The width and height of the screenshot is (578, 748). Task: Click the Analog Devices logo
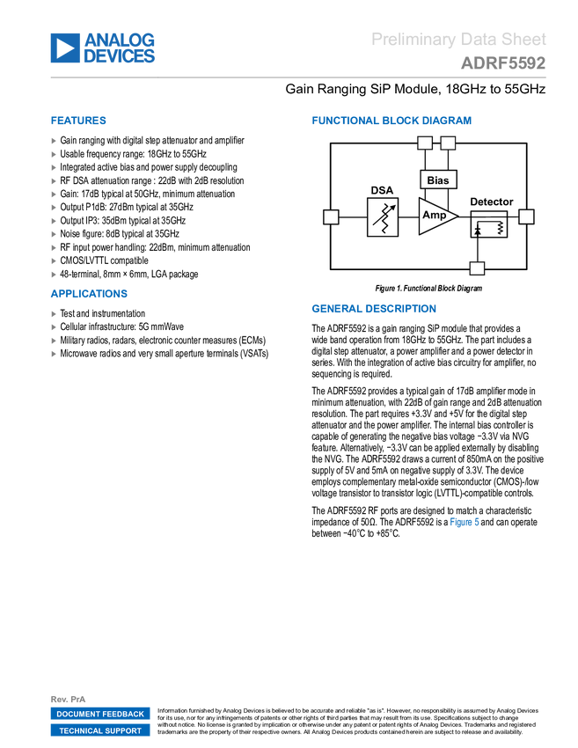103,48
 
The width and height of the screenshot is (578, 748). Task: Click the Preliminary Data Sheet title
459,39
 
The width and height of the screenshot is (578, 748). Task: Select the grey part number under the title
503,63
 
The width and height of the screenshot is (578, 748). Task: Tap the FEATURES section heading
78,121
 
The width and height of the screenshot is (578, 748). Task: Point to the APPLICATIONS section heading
89,295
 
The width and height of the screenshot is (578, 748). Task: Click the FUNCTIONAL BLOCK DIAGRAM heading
391,121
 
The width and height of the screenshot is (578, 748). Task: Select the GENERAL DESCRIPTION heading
373,309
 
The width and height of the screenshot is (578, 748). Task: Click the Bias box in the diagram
438,180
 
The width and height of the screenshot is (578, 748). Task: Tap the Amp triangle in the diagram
435,216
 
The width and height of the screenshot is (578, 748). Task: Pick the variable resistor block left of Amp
382,216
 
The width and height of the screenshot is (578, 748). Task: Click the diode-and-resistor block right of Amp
488,224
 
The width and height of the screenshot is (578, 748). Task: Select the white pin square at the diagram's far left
331,216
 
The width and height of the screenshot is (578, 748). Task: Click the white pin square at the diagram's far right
526,216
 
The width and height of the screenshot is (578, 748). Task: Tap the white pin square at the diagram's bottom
477,268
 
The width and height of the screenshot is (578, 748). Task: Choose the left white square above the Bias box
425,143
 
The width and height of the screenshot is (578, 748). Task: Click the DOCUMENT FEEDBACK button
100,715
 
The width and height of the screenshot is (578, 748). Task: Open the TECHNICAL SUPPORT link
100,731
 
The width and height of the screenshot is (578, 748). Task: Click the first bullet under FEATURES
54,140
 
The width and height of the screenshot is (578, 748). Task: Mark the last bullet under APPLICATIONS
54,354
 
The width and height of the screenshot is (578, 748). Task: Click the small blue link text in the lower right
465,522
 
